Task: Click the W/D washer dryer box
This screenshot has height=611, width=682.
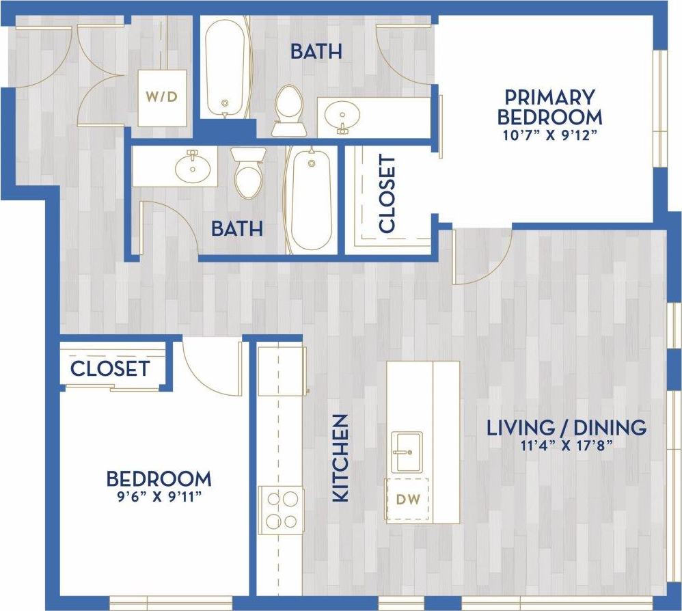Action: click(162, 97)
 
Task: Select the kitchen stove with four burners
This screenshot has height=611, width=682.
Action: click(281, 509)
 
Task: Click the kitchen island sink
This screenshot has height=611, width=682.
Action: click(407, 452)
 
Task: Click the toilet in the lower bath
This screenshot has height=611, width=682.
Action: click(247, 173)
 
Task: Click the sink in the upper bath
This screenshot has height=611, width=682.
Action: click(340, 116)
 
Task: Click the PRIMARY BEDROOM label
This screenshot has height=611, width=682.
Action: click(549, 106)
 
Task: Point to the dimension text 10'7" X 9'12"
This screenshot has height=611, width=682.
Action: click(549, 134)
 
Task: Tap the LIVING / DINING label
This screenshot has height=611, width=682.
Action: click(566, 428)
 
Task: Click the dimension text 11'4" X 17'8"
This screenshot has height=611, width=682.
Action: click(566, 446)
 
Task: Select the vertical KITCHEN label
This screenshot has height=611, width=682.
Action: click(340, 458)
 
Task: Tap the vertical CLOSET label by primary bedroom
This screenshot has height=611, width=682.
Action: click(387, 193)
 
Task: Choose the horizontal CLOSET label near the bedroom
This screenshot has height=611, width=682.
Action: click(110, 369)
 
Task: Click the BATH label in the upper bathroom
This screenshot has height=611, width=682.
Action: click(315, 51)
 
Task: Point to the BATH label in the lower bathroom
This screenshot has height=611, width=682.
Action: click(236, 228)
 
